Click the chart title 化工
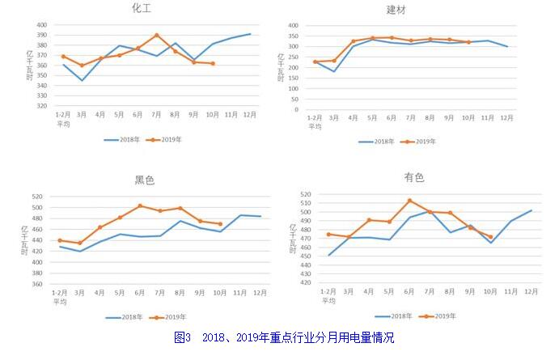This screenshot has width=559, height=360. (x=143, y=8)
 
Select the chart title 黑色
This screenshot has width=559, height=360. (x=145, y=180)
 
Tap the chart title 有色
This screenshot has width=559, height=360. (x=414, y=177)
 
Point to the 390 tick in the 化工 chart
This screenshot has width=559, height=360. (x=42, y=35)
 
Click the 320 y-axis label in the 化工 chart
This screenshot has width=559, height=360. (x=42, y=106)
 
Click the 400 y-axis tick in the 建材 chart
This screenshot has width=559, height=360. (x=294, y=25)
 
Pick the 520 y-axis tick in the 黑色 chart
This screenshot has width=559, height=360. (x=37, y=197)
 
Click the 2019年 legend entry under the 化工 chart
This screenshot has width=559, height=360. (x=168, y=139)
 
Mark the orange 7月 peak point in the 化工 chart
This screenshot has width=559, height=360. (x=157, y=36)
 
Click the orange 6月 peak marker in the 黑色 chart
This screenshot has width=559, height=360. (x=140, y=205)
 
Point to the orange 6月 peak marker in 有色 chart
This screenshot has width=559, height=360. (x=410, y=201)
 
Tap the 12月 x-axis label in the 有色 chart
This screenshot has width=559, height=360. (x=531, y=290)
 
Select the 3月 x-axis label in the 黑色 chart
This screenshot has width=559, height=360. (x=79, y=293)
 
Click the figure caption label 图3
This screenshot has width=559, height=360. (x=183, y=337)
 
